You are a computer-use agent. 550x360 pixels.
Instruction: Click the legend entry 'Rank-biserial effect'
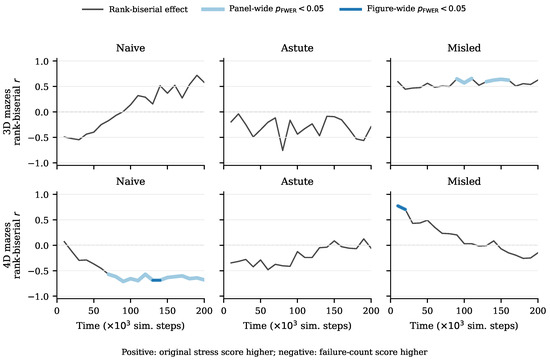pyautogui.click(x=135, y=9)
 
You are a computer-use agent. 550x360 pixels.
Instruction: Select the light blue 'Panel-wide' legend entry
pyautogui.click(x=262, y=9)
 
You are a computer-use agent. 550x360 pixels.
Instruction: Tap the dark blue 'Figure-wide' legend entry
pyautogui.click(x=403, y=9)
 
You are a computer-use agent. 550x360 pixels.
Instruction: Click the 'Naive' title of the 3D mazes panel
pyautogui.click(x=130, y=48)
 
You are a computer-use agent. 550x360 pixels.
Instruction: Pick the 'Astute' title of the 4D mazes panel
pyautogui.click(x=297, y=181)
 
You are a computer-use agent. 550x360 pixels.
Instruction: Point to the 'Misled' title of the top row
pyautogui.click(x=464, y=48)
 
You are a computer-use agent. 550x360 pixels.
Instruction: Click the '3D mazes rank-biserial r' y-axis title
pyautogui.click(x=13, y=112)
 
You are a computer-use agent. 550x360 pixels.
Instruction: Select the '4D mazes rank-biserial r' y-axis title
pyautogui.click(x=13, y=245)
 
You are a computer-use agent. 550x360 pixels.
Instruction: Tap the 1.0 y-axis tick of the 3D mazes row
pyautogui.click(x=43, y=61)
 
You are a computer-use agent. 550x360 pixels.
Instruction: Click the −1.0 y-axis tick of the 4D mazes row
pyautogui.click(x=41, y=296)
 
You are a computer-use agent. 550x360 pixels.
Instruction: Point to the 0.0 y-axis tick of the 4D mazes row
pyautogui.click(x=43, y=246)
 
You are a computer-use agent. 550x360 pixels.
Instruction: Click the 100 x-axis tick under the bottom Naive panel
pyautogui.click(x=130, y=311)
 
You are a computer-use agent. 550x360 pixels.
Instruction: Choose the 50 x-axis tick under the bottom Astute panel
pyautogui.click(x=260, y=311)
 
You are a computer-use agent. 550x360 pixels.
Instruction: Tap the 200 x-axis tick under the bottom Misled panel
pyautogui.click(x=538, y=311)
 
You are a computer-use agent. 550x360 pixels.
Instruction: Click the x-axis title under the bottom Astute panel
pyautogui.click(x=297, y=326)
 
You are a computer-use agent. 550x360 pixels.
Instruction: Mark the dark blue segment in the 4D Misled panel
pyautogui.click(x=402, y=208)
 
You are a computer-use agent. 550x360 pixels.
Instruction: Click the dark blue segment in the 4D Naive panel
pyautogui.click(x=156, y=280)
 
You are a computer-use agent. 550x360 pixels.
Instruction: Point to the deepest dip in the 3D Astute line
pyautogui.click(x=282, y=151)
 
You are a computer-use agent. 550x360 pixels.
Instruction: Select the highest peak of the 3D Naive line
pyautogui.click(x=197, y=75)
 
